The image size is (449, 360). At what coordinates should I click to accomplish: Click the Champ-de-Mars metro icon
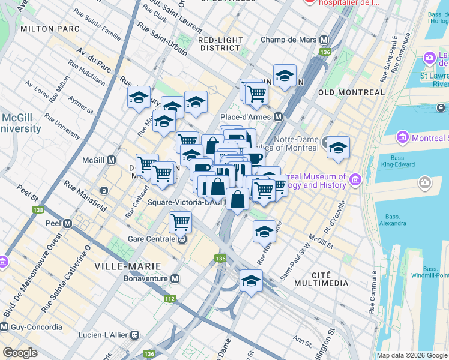pyautogui.click(x=324, y=40)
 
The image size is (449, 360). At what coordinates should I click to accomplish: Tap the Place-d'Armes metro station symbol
pyautogui.click(x=278, y=116)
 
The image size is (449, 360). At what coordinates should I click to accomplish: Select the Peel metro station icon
pyautogui.click(x=68, y=223)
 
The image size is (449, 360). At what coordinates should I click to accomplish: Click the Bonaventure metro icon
pyautogui.click(x=175, y=279)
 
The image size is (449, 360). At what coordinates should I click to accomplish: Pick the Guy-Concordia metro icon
pyautogui.click(x=4, y=327)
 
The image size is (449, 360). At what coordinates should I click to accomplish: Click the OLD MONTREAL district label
pyautogui.click(x=351, y=92)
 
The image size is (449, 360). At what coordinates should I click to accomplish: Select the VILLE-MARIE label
pyautogui.click(x=128, y=265)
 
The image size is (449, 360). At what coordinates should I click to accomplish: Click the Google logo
pyautogui.click(x=20, y=353)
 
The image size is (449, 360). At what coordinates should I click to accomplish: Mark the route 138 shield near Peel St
pyautogui.click(x=39, y=210)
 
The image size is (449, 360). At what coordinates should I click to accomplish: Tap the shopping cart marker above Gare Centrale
pyautogui.click(x=180, y=223)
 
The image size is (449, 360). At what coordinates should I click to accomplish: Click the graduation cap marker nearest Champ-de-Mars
pyautogui.click(x=285, y=76)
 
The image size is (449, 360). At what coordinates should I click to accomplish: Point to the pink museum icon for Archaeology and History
pyautogui.click(x=355, y=179)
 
